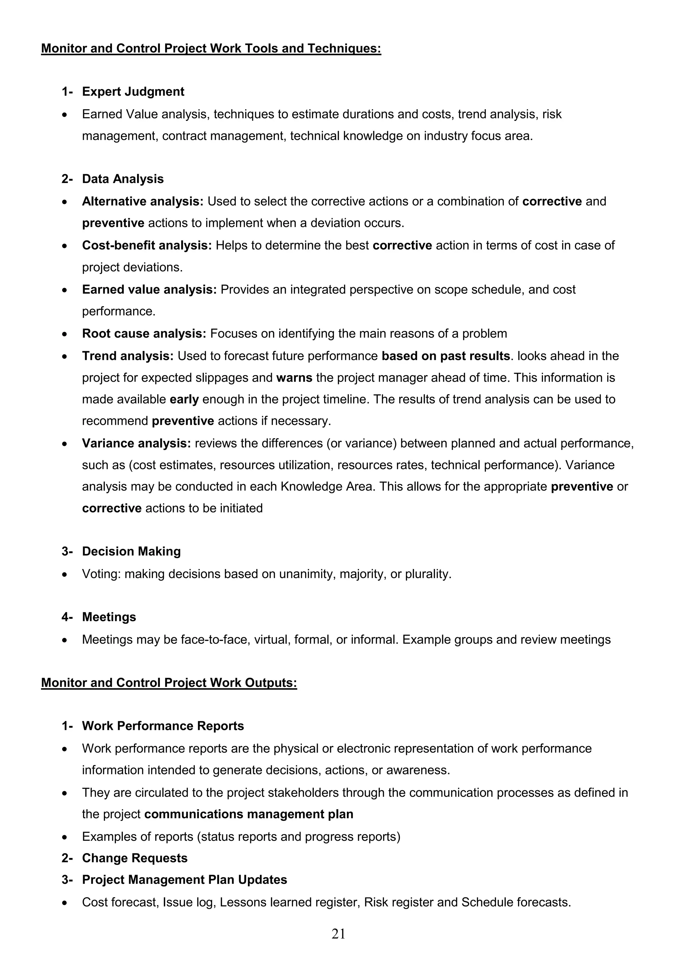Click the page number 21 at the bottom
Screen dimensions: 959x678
coord(338,933)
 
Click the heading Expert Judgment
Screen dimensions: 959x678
coord(133,91)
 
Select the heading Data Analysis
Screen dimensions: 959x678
coord(123,179)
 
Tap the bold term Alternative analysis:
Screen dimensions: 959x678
coord(142,201)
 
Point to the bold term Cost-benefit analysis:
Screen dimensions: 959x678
coord(147,245)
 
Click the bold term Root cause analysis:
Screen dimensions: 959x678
coord(144,333)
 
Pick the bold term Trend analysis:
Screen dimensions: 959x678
coord(127,356)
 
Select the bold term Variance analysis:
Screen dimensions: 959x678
coord(136,443)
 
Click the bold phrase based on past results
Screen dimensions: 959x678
coord(446,356)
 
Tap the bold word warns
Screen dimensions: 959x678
coord(294,378)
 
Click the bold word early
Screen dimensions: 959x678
coord(184,399)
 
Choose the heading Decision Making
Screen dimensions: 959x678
coord(131,551)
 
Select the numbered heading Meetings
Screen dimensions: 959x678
coord(109,617)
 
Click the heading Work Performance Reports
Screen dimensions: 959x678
coord(163,726)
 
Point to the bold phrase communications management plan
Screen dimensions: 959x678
coord(249,814)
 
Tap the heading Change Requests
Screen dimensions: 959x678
coord(134,858)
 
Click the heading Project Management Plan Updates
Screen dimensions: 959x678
coord(184,880)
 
